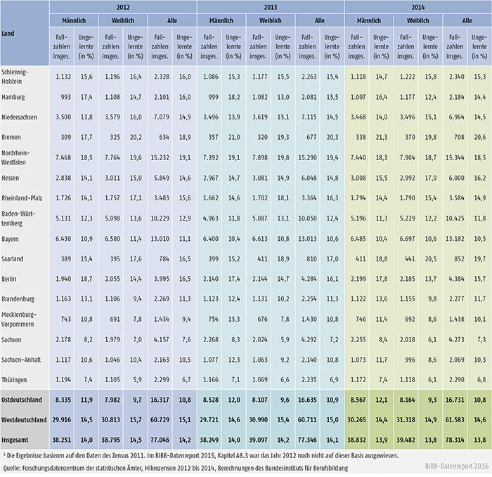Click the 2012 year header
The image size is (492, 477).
coord(123,8)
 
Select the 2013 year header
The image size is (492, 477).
coord(270,8)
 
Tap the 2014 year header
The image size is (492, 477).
coord(417,8)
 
